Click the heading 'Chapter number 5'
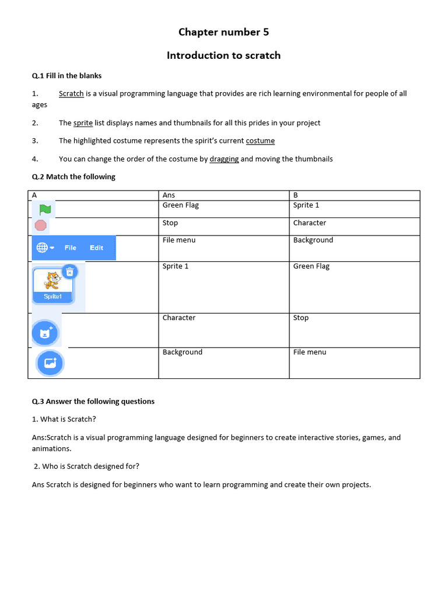coord(223,32)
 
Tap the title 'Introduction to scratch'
coord(223,55)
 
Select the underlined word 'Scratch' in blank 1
coord(71,93)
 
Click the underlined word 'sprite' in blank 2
coord(83,123)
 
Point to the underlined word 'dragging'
coord(224,159)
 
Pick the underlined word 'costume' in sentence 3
coord(260,141)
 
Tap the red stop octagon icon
coord(41,225)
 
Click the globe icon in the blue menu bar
coord(42,248)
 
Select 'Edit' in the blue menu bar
coord(96,248)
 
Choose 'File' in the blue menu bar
coord(71,248)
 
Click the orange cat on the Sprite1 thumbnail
coord(52,280)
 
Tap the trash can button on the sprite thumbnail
coord(69,272)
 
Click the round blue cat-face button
coord(45,333)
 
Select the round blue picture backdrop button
coord(50,363)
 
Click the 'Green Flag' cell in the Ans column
coord(180,205)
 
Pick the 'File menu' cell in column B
coord(310,352)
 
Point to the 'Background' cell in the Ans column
coord(183,352)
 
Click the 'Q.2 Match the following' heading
coord(73,177)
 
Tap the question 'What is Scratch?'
coord(64,419)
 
